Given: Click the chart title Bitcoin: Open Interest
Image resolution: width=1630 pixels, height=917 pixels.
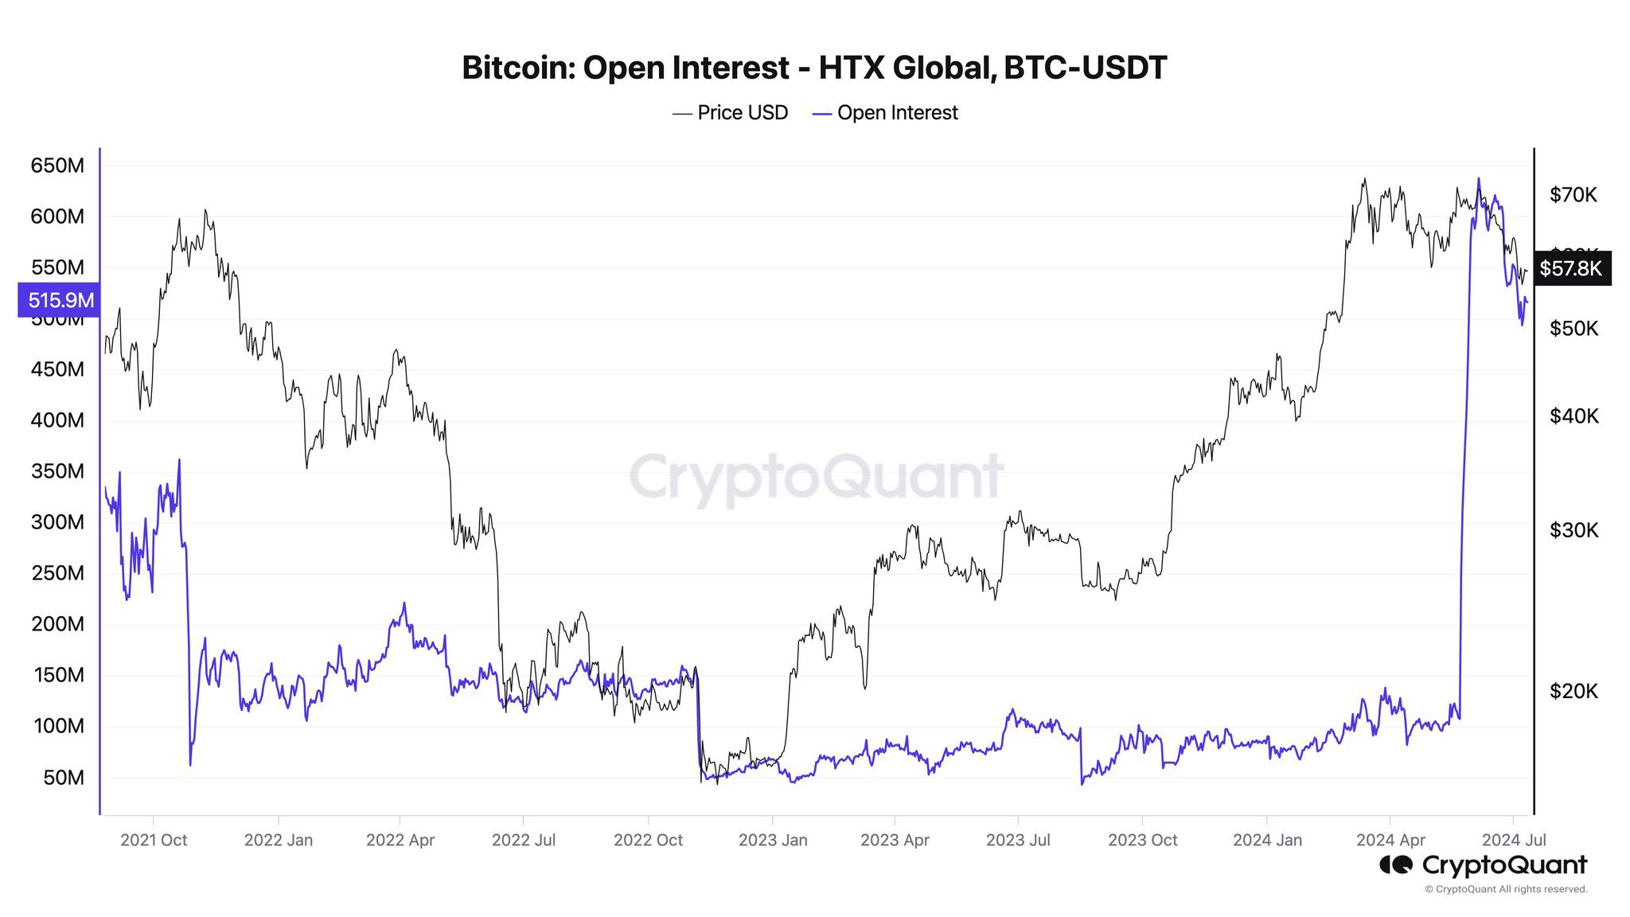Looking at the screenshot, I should point(814,68).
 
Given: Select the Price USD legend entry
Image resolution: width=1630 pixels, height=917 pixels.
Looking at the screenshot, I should point(731,113).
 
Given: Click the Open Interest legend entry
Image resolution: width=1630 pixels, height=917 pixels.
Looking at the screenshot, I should point(885,113).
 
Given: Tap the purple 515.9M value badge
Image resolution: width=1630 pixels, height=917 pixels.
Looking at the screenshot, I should point(60,300).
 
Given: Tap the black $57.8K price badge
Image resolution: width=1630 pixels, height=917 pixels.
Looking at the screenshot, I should point(1570,268).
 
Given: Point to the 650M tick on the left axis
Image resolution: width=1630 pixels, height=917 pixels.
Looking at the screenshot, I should point(57,166).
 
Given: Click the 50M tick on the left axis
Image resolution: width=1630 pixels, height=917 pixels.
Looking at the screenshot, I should point(64,777).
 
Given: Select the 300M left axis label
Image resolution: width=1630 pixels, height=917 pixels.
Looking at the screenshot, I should point(57,522).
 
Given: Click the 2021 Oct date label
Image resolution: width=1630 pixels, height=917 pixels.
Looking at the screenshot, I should point(154,840).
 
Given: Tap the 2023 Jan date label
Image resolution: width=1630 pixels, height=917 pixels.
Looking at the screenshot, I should point(773,840).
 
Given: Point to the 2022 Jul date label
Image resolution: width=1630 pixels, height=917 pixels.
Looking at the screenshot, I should point(524,840).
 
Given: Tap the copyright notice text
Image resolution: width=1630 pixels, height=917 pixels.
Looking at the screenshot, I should point(1506,889).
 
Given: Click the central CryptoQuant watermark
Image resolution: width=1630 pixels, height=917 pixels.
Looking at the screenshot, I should point(816,476).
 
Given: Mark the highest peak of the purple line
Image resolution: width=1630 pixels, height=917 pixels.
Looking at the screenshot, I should point(1479,178).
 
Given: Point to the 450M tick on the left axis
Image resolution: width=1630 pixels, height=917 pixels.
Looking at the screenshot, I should point(57,369).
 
